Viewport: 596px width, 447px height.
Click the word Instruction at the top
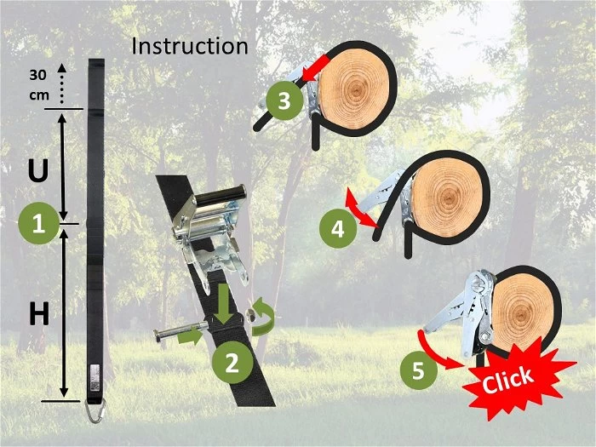coord(190,46)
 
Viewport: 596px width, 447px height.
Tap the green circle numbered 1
coord(38,223)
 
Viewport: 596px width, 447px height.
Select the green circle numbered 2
coord(232,362)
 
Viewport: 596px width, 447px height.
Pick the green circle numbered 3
coord(284,100)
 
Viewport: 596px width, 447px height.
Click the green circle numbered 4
coord(337,230)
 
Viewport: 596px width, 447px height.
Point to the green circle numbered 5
coord(418,370)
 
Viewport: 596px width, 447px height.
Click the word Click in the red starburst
coord(507,380)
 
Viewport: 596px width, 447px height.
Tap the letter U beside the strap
coord(38,170)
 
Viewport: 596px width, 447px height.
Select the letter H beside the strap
coord(39,314)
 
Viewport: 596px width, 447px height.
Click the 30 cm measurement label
coord(39,85)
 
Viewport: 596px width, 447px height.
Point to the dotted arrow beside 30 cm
coord(61,83)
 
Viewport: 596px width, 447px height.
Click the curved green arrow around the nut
coord(263,317)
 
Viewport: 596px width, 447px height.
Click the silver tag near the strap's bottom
coord(95,377)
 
